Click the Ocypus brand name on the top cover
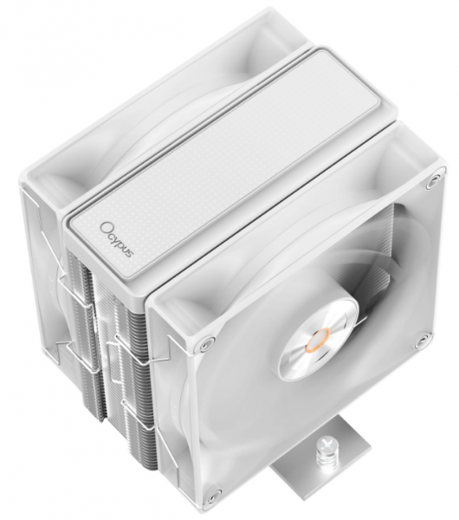pos(117,239)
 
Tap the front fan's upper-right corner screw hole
pos(432,182)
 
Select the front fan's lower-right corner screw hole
pos(423,341)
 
